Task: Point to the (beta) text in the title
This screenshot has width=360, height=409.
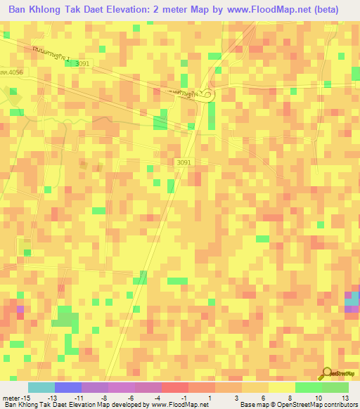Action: click(323, 10)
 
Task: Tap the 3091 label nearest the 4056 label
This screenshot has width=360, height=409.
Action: click(83, 64)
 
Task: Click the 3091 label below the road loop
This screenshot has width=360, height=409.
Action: click(184, 162)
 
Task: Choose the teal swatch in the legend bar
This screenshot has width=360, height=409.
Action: click(41, 387)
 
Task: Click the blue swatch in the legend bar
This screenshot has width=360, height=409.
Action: click(67, 387)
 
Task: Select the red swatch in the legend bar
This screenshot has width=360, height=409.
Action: click(174, 387)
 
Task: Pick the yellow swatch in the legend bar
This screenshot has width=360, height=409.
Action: click(281, 387)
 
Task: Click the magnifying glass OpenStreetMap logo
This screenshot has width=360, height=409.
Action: click(326, 372)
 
